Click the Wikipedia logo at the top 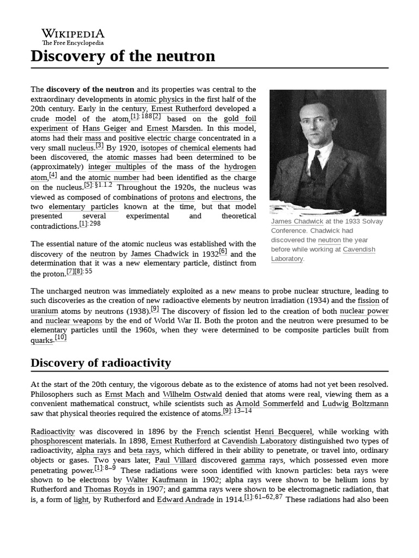point(73,36)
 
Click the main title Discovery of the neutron point(123,56)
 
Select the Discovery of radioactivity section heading point(100,363)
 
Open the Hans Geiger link point(104,129)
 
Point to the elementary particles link point(83,207)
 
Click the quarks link point(42,341)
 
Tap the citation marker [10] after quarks point(61,338)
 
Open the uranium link point(44,311)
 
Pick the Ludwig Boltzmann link point(355,404)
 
